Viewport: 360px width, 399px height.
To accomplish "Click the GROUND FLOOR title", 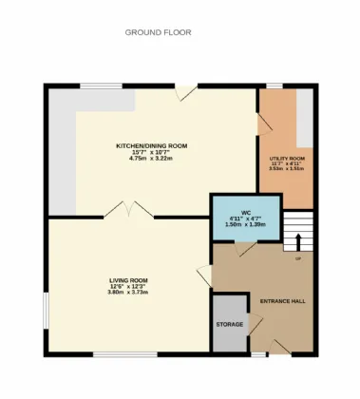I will pyautogui.click(x=158, y=32).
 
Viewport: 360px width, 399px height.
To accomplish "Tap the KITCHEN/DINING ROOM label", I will pyautogui.click(x=152, y=145).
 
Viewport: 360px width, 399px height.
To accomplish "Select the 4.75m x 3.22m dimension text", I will pyautogui.click(x=152, y=158).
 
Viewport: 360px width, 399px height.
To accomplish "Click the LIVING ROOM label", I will pyautogui.click(x=127, y=280).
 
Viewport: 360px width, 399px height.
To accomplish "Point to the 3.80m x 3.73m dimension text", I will pyautogui.click(x=127, y=293).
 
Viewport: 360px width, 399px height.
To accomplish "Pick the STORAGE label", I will pyautogui.click(x=229, y=325).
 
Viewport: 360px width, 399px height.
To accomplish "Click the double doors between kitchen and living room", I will pyautogui.click(x=128, y=209).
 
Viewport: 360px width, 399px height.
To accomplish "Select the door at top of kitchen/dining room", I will pyautogui.click(x=186, y=92).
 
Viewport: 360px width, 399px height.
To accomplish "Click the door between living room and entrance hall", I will pyautogui.click(x=204, y=275).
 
